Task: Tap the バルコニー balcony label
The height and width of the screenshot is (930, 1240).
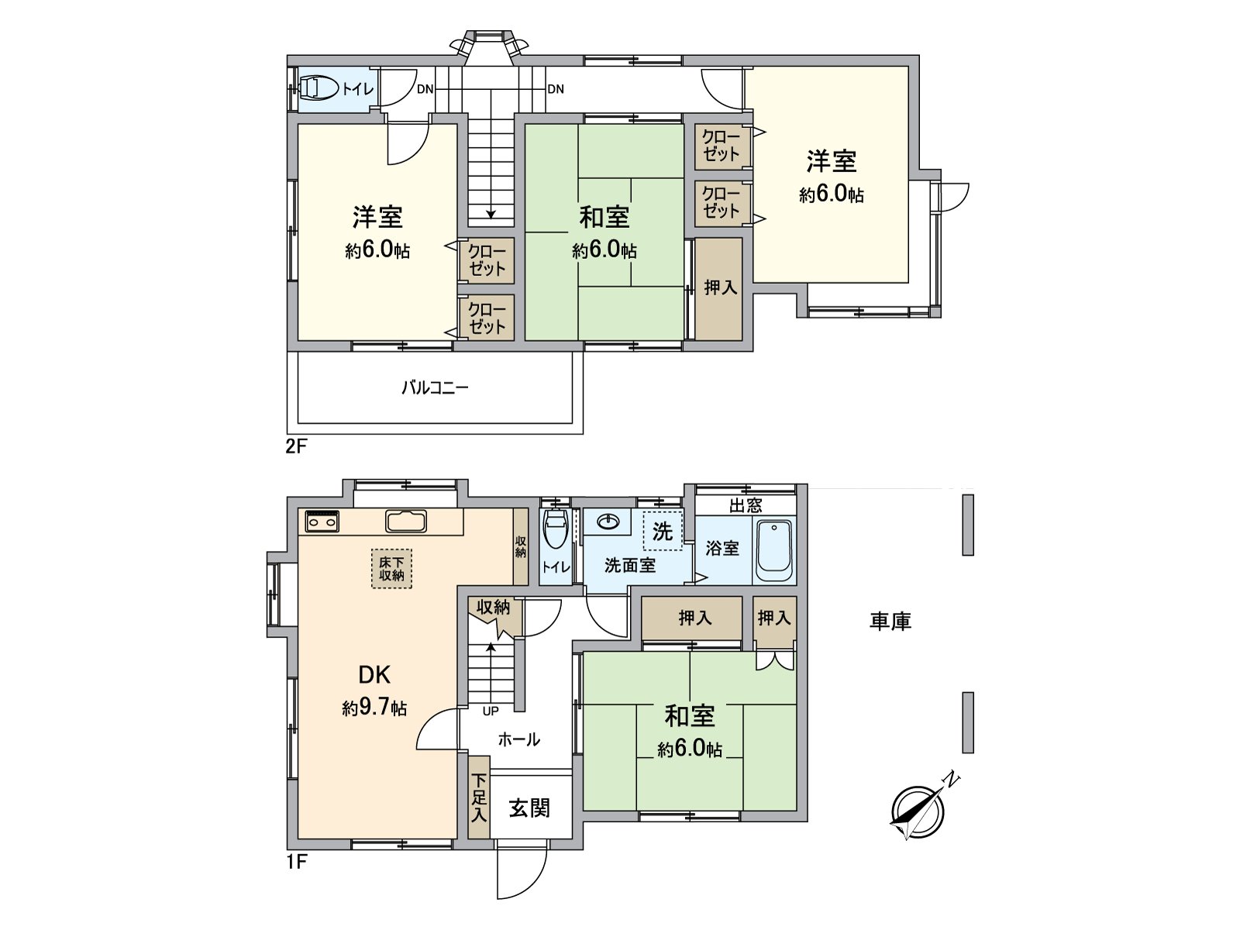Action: click(435, 387)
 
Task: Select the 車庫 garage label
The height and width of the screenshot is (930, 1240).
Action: click(890, 621)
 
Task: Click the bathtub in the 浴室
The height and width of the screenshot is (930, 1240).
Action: click(773, 551)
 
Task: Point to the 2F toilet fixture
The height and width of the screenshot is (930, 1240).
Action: click(318, 89)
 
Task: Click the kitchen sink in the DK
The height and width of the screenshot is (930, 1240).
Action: click(405, 522)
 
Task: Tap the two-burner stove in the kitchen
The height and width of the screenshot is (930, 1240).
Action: click(322, 522)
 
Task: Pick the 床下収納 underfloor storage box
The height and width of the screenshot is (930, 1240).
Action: click(391, 569)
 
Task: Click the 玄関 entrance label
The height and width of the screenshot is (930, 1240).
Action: click(529, 808)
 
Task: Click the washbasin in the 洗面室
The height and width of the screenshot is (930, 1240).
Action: click(608, 522)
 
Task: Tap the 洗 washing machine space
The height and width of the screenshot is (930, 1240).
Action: click(663, 531)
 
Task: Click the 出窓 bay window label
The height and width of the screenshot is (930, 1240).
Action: click(745, 506)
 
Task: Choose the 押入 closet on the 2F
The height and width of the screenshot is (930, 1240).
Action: click(720, 288)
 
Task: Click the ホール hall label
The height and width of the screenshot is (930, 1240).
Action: click(518, 739)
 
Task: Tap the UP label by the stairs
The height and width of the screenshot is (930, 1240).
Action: click(491, 711)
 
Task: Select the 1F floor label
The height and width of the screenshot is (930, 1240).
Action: click(298, 862)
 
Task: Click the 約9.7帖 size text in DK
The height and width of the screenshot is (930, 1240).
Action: click(374, 708)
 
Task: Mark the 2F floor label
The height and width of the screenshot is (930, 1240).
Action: click(298, 447)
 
